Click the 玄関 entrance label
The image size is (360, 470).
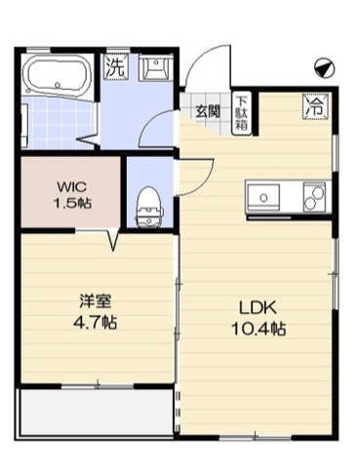coord(207,110)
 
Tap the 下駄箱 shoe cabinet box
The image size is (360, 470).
coord(240,109)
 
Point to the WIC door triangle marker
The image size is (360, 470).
coord(115,239)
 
